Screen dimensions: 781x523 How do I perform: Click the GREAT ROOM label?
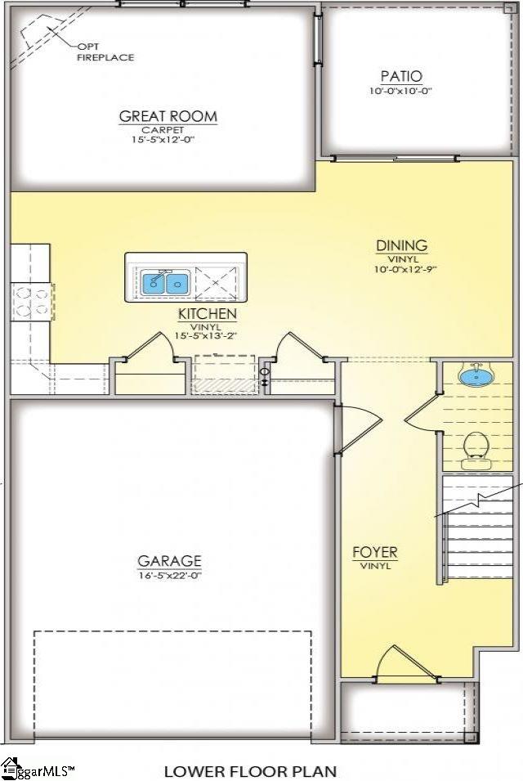168,116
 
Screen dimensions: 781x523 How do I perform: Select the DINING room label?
401,245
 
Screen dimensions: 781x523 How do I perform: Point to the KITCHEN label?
207,314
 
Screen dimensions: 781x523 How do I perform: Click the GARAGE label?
169,561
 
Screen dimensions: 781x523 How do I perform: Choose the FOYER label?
374,553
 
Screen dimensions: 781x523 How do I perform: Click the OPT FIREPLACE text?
105,52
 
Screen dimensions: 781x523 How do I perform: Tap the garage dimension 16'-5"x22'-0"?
169,576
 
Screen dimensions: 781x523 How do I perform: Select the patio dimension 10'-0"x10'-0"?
400,91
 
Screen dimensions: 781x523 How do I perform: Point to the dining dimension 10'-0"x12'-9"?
401,268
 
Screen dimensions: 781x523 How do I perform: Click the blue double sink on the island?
166,284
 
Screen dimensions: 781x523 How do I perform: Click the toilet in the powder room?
476,447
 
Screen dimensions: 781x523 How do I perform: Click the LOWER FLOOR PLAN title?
250,770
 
